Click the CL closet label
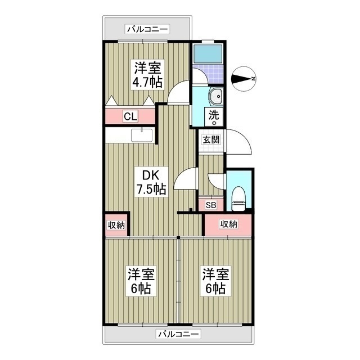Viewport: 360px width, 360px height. pos(130,117)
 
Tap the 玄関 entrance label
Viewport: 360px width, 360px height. pos(211,139)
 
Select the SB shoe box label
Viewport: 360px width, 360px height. pos(210,205)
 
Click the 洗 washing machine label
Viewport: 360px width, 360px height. pos(214,114)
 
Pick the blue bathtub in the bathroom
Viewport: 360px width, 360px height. pos(208,53)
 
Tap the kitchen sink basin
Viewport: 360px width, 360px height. pos(142,136)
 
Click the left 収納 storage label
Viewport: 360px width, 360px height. pos(116,224)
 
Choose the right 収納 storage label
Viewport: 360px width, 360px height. pos(228,224)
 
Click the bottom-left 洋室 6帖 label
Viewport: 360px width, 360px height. pos(140,282)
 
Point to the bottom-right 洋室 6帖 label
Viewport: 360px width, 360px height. pos(216,282)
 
